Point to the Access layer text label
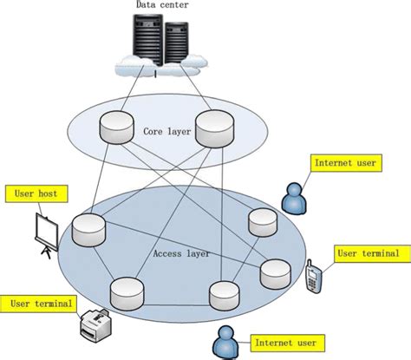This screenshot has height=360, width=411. point(179,254)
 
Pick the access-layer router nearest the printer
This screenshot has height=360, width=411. point(125,292)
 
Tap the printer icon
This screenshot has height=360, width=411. point(94,324)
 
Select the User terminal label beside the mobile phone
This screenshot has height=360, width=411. point(368,253)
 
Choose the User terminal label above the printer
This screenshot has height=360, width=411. point(42,304)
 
